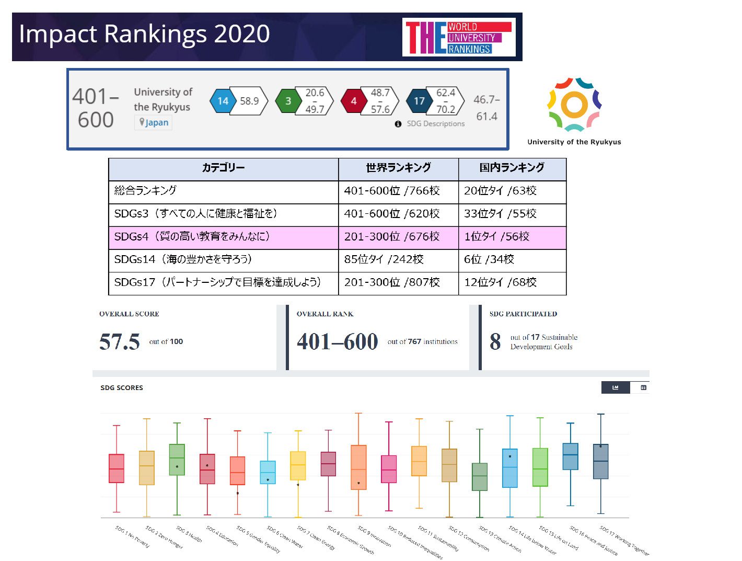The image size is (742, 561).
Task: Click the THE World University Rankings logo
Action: (x=458, y=37)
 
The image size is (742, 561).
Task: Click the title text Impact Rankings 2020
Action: (x=144, y=34)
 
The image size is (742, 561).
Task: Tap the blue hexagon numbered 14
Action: (x=223, y=101)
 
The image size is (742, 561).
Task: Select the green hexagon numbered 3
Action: (x=288, y=101)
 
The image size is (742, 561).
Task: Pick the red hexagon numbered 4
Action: (x=353, y=101)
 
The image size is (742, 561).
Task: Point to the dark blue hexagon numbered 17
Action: (x=419, y=101)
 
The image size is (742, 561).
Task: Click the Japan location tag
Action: (x=154, y=122)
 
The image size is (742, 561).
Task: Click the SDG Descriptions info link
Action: (x=430, y=124)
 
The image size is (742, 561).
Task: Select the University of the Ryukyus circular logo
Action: (x=574, y=105)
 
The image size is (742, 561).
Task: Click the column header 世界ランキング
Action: (x=398, y=168)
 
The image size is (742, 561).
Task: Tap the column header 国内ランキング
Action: (x=512, y=168)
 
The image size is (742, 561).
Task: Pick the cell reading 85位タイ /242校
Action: (x=384, y=259)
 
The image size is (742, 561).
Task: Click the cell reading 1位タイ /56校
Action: (x=496, y=236)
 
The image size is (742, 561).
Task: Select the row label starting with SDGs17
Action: (x=217, y=282)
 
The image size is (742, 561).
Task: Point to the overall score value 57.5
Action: (x=120, y=342)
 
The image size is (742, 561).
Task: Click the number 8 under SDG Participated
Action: (x=495, y=342)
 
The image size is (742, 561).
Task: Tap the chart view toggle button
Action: (x=615, y=387)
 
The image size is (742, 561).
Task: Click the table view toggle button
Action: (x=643, y=387)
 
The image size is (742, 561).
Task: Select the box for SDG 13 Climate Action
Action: (x=479, y=476)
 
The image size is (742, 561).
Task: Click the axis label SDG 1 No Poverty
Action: (x=132, y=537)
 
